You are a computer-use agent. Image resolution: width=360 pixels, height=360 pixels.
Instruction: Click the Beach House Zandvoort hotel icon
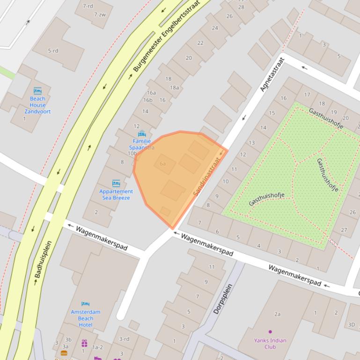[x=37, y=91]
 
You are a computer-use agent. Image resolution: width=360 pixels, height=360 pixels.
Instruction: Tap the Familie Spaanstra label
[x=142, y=144]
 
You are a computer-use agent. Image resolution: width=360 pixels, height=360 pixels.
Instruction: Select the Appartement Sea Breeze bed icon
[x=116, y=183]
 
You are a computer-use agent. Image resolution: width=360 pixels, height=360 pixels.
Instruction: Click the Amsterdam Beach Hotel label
[x=86, y=318]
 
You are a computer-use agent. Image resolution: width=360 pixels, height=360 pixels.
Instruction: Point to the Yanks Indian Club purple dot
[x=270, y=332]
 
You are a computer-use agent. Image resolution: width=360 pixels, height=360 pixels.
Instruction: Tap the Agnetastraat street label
[x=272, y=74]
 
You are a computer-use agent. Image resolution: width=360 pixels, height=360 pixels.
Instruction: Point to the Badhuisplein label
[x=43, y=263]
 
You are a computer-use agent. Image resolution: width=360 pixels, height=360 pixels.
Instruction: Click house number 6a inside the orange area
[x=163, y=164]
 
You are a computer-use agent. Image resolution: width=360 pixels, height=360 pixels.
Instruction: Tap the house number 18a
[x=174, y=87]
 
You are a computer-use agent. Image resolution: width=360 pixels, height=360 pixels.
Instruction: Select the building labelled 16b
[x=148, y=100]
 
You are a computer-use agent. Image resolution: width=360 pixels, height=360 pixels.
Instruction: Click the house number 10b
[x=132, y=153]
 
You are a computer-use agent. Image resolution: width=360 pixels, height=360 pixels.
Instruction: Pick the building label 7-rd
[x=88, y=6]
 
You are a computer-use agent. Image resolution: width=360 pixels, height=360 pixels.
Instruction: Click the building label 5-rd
[x=53, y=50]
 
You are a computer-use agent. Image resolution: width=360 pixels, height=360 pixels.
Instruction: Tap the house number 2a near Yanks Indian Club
[x=278, y=314]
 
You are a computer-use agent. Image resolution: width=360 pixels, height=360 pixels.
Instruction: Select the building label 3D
[x=352, y=324]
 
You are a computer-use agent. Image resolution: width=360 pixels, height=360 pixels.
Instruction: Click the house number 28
[x=241, y=7]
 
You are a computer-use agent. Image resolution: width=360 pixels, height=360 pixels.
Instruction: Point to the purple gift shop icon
[x=84, y=343]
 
